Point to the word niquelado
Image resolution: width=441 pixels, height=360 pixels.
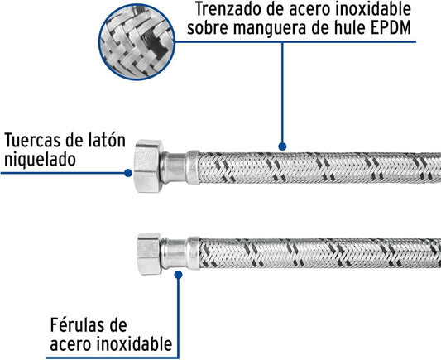tap(40, 160)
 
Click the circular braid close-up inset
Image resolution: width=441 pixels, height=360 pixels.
tap(137, 41)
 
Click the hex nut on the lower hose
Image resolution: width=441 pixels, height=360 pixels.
tap(149, 254)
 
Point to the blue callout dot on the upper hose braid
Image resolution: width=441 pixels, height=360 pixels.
tap(282, 146)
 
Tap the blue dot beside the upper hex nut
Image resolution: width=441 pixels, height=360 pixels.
tap(128, 173)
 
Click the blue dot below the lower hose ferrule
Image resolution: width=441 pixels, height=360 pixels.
tap(178, 275)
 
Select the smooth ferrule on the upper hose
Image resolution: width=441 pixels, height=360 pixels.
tap(180, 167)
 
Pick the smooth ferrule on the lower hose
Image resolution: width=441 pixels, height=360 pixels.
tap(180, 253)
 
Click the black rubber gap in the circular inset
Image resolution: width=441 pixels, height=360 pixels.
tap(154, 43)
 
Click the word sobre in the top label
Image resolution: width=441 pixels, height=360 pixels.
tap(209, 27)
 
